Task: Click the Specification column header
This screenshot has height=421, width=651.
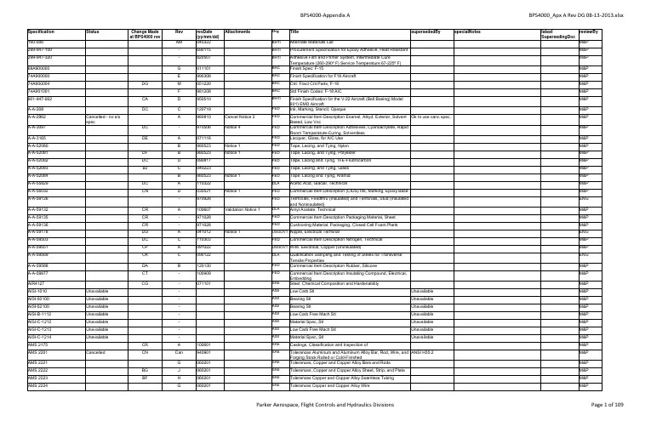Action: point(21,29)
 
